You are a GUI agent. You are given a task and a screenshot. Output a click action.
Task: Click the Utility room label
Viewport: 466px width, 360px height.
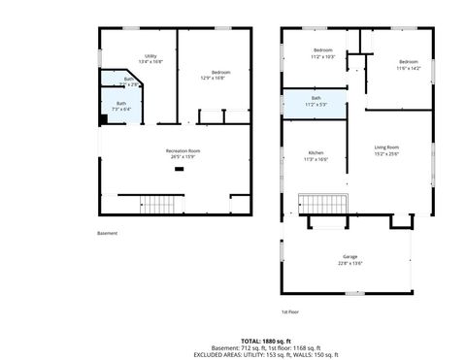pyautogui.click(x=151, y=56)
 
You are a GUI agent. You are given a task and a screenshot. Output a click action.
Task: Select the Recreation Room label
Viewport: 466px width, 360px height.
pyautogui.click(x=183, y=150)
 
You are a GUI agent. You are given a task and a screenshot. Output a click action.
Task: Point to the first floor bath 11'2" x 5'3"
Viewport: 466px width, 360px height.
pyautogui.click(x=316, y=99)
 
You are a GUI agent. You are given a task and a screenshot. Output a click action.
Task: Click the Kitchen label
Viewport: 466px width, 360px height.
pyautogui.click(x=316, y=153)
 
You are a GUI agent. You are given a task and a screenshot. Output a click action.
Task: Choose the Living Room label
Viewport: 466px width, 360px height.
pyautogui.click(x=386, y=147)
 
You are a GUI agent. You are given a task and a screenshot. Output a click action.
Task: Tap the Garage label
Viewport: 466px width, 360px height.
pyautogui.click(x=349, y=257)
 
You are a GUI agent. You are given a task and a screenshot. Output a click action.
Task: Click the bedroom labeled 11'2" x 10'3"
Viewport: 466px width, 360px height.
pyautogui.click(x=323, y=50)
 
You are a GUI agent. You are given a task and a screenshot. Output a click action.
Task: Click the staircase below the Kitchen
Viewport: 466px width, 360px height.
pyautogui.click(x=320, y=205)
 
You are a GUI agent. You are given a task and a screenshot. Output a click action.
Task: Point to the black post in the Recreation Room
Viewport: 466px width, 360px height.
pyautogui.click(x=179, y=170)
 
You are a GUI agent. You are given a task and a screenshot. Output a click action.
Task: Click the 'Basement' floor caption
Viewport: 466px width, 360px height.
pyautogui.click(x=107, y=233)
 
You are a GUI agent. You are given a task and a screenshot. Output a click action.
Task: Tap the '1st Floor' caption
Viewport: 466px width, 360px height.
pyautogui.click(x=289, y=311)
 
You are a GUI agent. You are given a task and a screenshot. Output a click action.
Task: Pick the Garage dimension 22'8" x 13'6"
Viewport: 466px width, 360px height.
pyautogui.click(x=349, y=263)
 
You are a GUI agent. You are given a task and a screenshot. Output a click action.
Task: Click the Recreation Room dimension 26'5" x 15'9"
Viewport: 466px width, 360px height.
pyautogui.click(x=183, y=156)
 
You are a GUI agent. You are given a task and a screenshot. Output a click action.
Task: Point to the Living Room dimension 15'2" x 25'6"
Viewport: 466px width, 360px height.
pyautogui.click(x=386, y=153)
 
